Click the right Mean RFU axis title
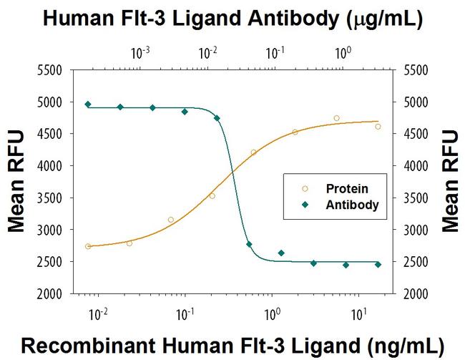coord(450,181)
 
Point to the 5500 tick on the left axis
coord(51,70)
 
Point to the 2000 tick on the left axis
coord(51,293)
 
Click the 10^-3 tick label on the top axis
coord(141,52)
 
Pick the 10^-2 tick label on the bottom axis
coord(98,314)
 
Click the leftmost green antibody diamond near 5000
coord(88,104)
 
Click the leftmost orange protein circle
coord(88,246)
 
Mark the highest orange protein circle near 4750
coord(336,118)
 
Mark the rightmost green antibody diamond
coord(378,264)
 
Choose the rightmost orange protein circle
coord(378,127)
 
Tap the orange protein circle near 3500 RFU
coord(212,195)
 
